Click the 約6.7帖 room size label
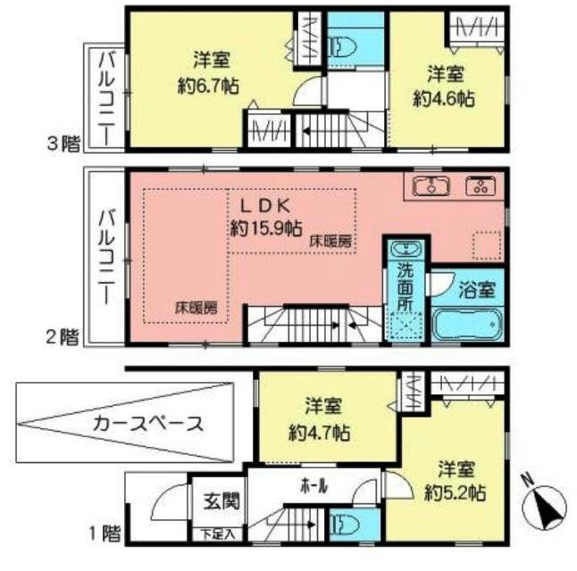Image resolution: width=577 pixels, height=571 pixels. click(x=213, y=87)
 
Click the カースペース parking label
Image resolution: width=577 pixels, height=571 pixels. click(x=147, y=424)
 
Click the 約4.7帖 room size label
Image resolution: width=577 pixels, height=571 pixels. click(x=321, y=434)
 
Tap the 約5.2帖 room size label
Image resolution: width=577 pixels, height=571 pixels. click(x=456, y=492)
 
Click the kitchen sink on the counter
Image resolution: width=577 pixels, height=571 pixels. click(x=432, y=186)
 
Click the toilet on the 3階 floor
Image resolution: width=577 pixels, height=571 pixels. click(x=350, y=42)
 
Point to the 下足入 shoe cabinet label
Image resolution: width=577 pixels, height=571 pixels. click(x=218, y=534)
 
